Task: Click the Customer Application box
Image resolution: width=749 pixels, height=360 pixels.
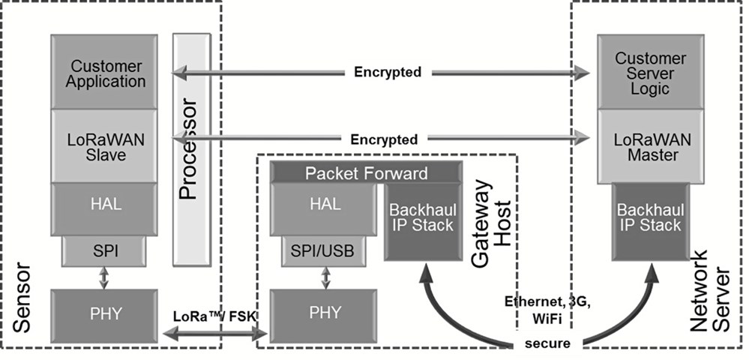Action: (104, 72)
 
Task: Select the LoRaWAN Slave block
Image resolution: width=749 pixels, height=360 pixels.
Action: (104, 146)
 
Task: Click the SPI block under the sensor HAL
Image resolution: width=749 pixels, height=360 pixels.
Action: (104, 251)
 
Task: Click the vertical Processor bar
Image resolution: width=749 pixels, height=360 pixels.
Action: (191, 150)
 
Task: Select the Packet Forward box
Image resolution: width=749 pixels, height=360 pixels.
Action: (367, 172)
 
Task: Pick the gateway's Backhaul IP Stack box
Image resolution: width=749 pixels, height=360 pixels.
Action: (423, 222)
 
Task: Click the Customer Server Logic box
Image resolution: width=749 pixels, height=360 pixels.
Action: (651, 72)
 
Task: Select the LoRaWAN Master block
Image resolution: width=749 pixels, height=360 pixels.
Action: (651, 146)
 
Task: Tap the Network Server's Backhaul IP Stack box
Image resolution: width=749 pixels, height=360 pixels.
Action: (651, 222)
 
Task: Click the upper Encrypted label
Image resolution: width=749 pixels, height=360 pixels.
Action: (388, 72)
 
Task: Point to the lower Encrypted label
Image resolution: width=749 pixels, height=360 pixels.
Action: (384, 139)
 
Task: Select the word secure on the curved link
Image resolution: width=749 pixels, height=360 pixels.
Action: (547, 343)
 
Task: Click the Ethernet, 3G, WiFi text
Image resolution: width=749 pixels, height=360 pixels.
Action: (547, 310)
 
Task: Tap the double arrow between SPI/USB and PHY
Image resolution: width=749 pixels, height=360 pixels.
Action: (326, 277)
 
